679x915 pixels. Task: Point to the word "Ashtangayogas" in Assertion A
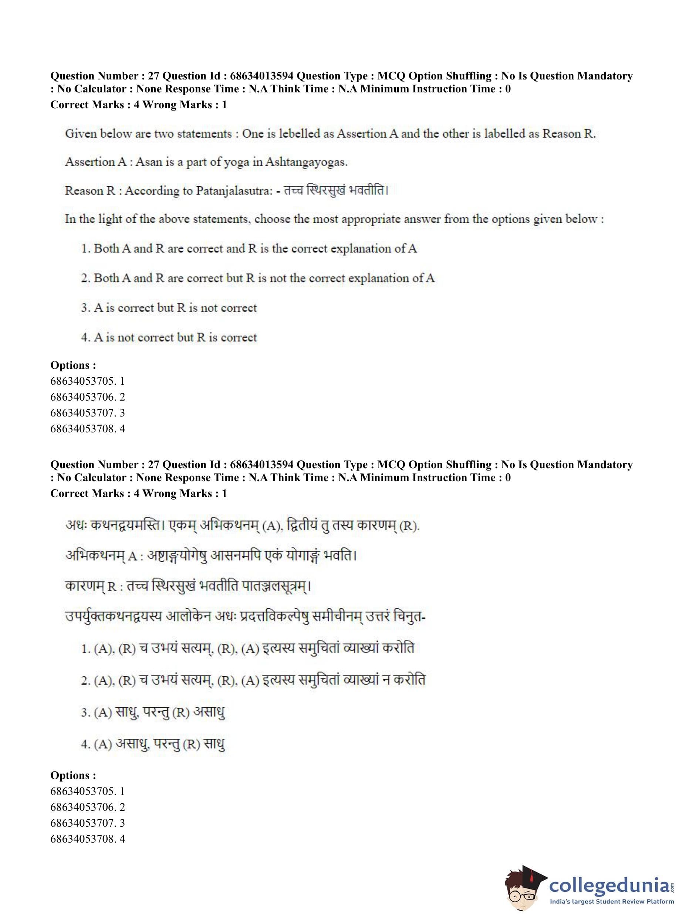pyautogui.click(x=306, y=162)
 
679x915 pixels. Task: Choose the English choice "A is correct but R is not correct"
pyautogui.click(x=175, y=307)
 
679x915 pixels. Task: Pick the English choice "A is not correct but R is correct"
pyautogui.click(x=175, y=337)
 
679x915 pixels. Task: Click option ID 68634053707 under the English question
pyautogui.click(x=87, y=413)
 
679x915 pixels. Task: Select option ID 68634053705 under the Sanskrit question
pyautogui.click(x=87, y=791)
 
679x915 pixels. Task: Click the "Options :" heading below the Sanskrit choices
pyautogui.click(x=73, y=775)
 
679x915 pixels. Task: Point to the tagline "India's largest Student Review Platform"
pyautogui.click(x=612, y=902)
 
